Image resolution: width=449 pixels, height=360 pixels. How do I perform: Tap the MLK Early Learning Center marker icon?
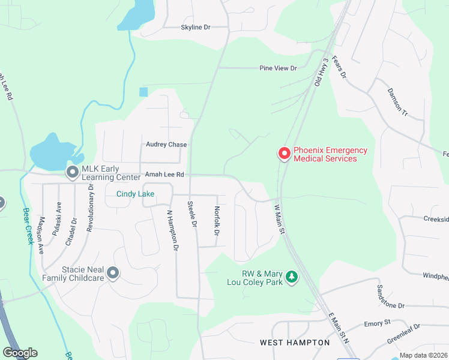[73, 172]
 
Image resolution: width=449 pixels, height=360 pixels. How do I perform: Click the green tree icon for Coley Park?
[292, 277]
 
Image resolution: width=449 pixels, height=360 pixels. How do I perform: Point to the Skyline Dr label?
[196, 28]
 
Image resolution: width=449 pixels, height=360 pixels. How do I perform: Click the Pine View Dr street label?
[278, 68]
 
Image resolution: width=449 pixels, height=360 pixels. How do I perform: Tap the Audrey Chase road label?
[166, 145]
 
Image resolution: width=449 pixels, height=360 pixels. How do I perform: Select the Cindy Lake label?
[135, 194]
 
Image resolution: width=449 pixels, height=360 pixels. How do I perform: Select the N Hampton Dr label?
[172, 230]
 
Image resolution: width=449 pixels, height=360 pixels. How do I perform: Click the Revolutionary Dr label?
[90, 208]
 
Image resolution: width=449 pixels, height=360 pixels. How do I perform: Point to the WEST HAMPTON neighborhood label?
[295, 343]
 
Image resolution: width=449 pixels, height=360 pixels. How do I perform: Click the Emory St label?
[378, 323]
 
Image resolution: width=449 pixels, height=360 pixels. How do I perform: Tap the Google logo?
[20, 353]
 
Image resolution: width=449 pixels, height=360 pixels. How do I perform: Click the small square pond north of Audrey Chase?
[143, 92]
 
